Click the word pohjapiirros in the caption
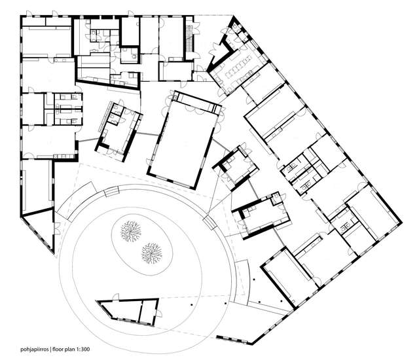(35, 349)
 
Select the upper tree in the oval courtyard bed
(130, 231)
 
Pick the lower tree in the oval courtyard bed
(152, 253)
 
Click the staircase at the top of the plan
(189, 38)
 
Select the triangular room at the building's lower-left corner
(39, 228)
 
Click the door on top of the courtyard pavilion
(116, 297)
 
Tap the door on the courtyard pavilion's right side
(158, 314)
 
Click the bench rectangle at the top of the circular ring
(111, 192)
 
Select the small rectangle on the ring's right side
(209, 223)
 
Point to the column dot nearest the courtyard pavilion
(191, 304)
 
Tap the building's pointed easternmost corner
(401, 223)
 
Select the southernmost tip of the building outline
(251, 342)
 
